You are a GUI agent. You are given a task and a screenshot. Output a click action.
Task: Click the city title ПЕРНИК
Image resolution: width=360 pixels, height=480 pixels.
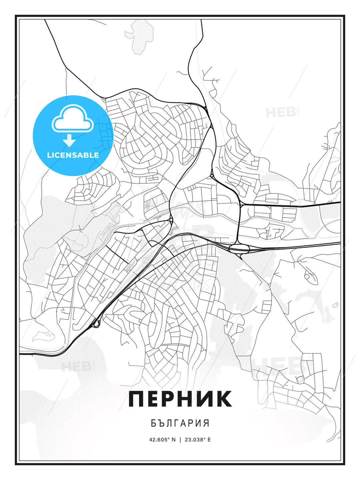(x=180, y=399)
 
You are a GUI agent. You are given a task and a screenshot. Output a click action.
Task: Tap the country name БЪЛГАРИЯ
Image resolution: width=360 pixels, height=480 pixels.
(x=180, y=423)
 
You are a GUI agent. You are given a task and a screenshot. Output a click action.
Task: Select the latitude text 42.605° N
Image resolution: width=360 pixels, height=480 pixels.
(x=162, y=439)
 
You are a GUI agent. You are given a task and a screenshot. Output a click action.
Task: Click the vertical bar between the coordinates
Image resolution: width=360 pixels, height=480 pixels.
(x=180, y=439)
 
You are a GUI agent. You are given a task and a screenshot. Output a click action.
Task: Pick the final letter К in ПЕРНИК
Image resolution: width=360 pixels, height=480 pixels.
(x=224, y=399)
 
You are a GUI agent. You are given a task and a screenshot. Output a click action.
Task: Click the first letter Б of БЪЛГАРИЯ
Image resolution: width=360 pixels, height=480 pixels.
(x=153, y=423)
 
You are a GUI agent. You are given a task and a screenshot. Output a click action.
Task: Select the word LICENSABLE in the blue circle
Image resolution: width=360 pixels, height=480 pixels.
(x=73, y=155)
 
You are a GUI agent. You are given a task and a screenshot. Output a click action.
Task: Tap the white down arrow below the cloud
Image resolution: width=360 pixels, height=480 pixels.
(x=69, y=141)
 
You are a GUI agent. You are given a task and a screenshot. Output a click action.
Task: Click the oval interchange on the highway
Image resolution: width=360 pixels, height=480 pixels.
(x=239, y=248)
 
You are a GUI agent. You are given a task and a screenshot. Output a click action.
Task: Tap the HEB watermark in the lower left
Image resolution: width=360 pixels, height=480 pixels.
(x=76, y=366)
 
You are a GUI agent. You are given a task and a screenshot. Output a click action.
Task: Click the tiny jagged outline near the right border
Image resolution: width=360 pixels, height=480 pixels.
(x=335, y=305)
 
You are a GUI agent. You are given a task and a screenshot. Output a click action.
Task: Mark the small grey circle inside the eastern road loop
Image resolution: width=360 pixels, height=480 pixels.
(x=307, y=276)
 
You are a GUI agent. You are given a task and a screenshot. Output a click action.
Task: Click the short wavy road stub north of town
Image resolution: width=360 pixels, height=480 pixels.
(x=182, y=73)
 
